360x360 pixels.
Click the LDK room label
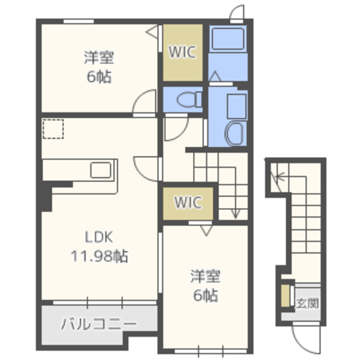[x=99, y=237]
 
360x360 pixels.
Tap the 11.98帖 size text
[x=100, y=256]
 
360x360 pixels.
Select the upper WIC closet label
[x=182, y=52]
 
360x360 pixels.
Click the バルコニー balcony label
[x=99, y=324]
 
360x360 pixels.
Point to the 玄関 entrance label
[x=307, y=303]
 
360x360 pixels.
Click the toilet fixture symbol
[x=189, y=100]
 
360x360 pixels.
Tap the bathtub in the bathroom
[x=228, y=39]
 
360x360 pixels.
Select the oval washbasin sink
[x=234, y=133]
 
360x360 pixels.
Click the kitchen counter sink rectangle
[x=101, y=170]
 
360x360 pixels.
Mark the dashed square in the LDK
[x=53, y=129]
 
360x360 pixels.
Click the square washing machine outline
[x=237, y=106]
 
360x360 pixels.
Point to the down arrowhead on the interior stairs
[x=235, y=214]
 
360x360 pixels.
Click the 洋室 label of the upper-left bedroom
[x=99, y=57]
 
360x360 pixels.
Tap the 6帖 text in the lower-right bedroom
[x=205, y=295]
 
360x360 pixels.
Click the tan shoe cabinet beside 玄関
[x=285, y=296]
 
